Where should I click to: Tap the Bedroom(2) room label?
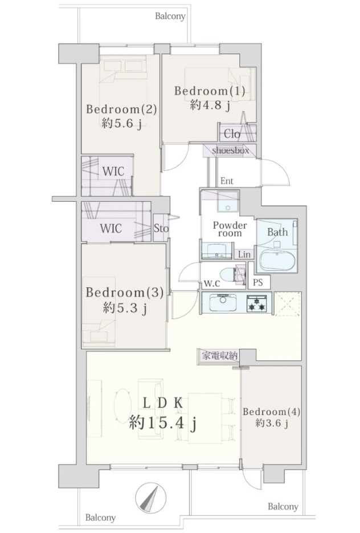pyautogui.click(x=121, y=109)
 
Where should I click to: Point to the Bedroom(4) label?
pyautogui.click(x=271, y=412)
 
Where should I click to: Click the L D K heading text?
pyautogui.click(x=162, y=403)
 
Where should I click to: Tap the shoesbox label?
pyautogui.click(x=231, y=150)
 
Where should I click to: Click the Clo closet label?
pyautogui.click(x=232, y=135)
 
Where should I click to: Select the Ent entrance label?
pyautogui.click(x=227, y=181)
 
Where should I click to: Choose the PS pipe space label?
pyautogui.click(x=258, y=282)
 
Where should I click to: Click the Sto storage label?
pyautogui.click(x=161, y=229)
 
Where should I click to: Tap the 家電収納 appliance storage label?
pyautogui.click(x=219, y=355)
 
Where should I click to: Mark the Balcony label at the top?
pyautogui.click(x=170, y=16)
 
